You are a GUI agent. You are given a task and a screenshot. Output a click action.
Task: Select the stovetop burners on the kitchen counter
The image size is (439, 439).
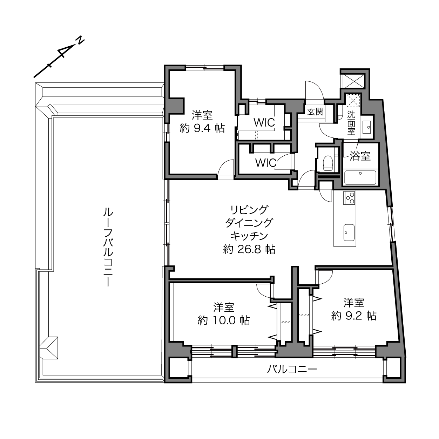click(x=349, y=198)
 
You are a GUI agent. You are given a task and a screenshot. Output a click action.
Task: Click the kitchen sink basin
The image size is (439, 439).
click(x=349, y=232)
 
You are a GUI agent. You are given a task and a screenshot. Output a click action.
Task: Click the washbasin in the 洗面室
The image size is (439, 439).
click(x=366, y=127)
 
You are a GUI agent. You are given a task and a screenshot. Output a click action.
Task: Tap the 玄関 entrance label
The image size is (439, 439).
click(x=316, y=112)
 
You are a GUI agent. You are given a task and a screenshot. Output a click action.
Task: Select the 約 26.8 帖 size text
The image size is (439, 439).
click(x=249, y=250)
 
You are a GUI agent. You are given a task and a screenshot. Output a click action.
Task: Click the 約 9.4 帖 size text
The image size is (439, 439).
click(x=202, y=129)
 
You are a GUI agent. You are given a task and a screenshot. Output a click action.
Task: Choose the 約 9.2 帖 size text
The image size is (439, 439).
click(x=354, y=316)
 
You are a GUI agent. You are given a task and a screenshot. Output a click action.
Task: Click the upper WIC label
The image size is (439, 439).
click(x=264, y=123)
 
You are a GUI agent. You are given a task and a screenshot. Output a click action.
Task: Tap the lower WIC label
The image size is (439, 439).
click(x=266, y=163)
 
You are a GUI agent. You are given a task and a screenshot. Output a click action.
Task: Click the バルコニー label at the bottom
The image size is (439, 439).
click(x=292, y=369)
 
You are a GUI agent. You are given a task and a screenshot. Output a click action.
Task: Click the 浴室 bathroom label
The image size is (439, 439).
click(x=360, y=156)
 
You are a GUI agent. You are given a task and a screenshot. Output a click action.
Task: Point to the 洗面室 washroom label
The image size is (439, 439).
click(x=351, y=123)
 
